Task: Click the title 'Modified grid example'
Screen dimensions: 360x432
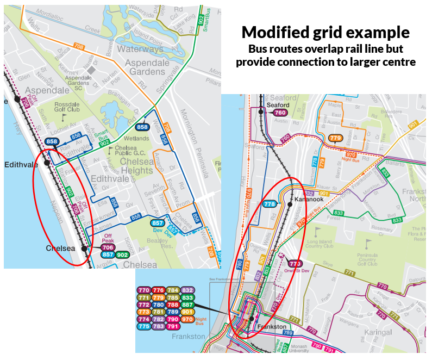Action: [325, 32]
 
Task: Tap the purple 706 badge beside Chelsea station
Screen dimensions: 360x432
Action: [108, 247]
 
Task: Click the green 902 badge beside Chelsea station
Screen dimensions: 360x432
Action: [122, 255]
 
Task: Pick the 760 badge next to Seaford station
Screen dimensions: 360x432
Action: [280, 113]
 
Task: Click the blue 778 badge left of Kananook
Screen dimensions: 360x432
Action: [270, 204]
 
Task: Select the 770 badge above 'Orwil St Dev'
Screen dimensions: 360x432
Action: [295, 264]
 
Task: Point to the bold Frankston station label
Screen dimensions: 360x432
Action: [272, 326]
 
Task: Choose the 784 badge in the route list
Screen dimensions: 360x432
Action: [173, 290]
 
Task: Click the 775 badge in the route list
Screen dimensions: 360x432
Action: [144, 326]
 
